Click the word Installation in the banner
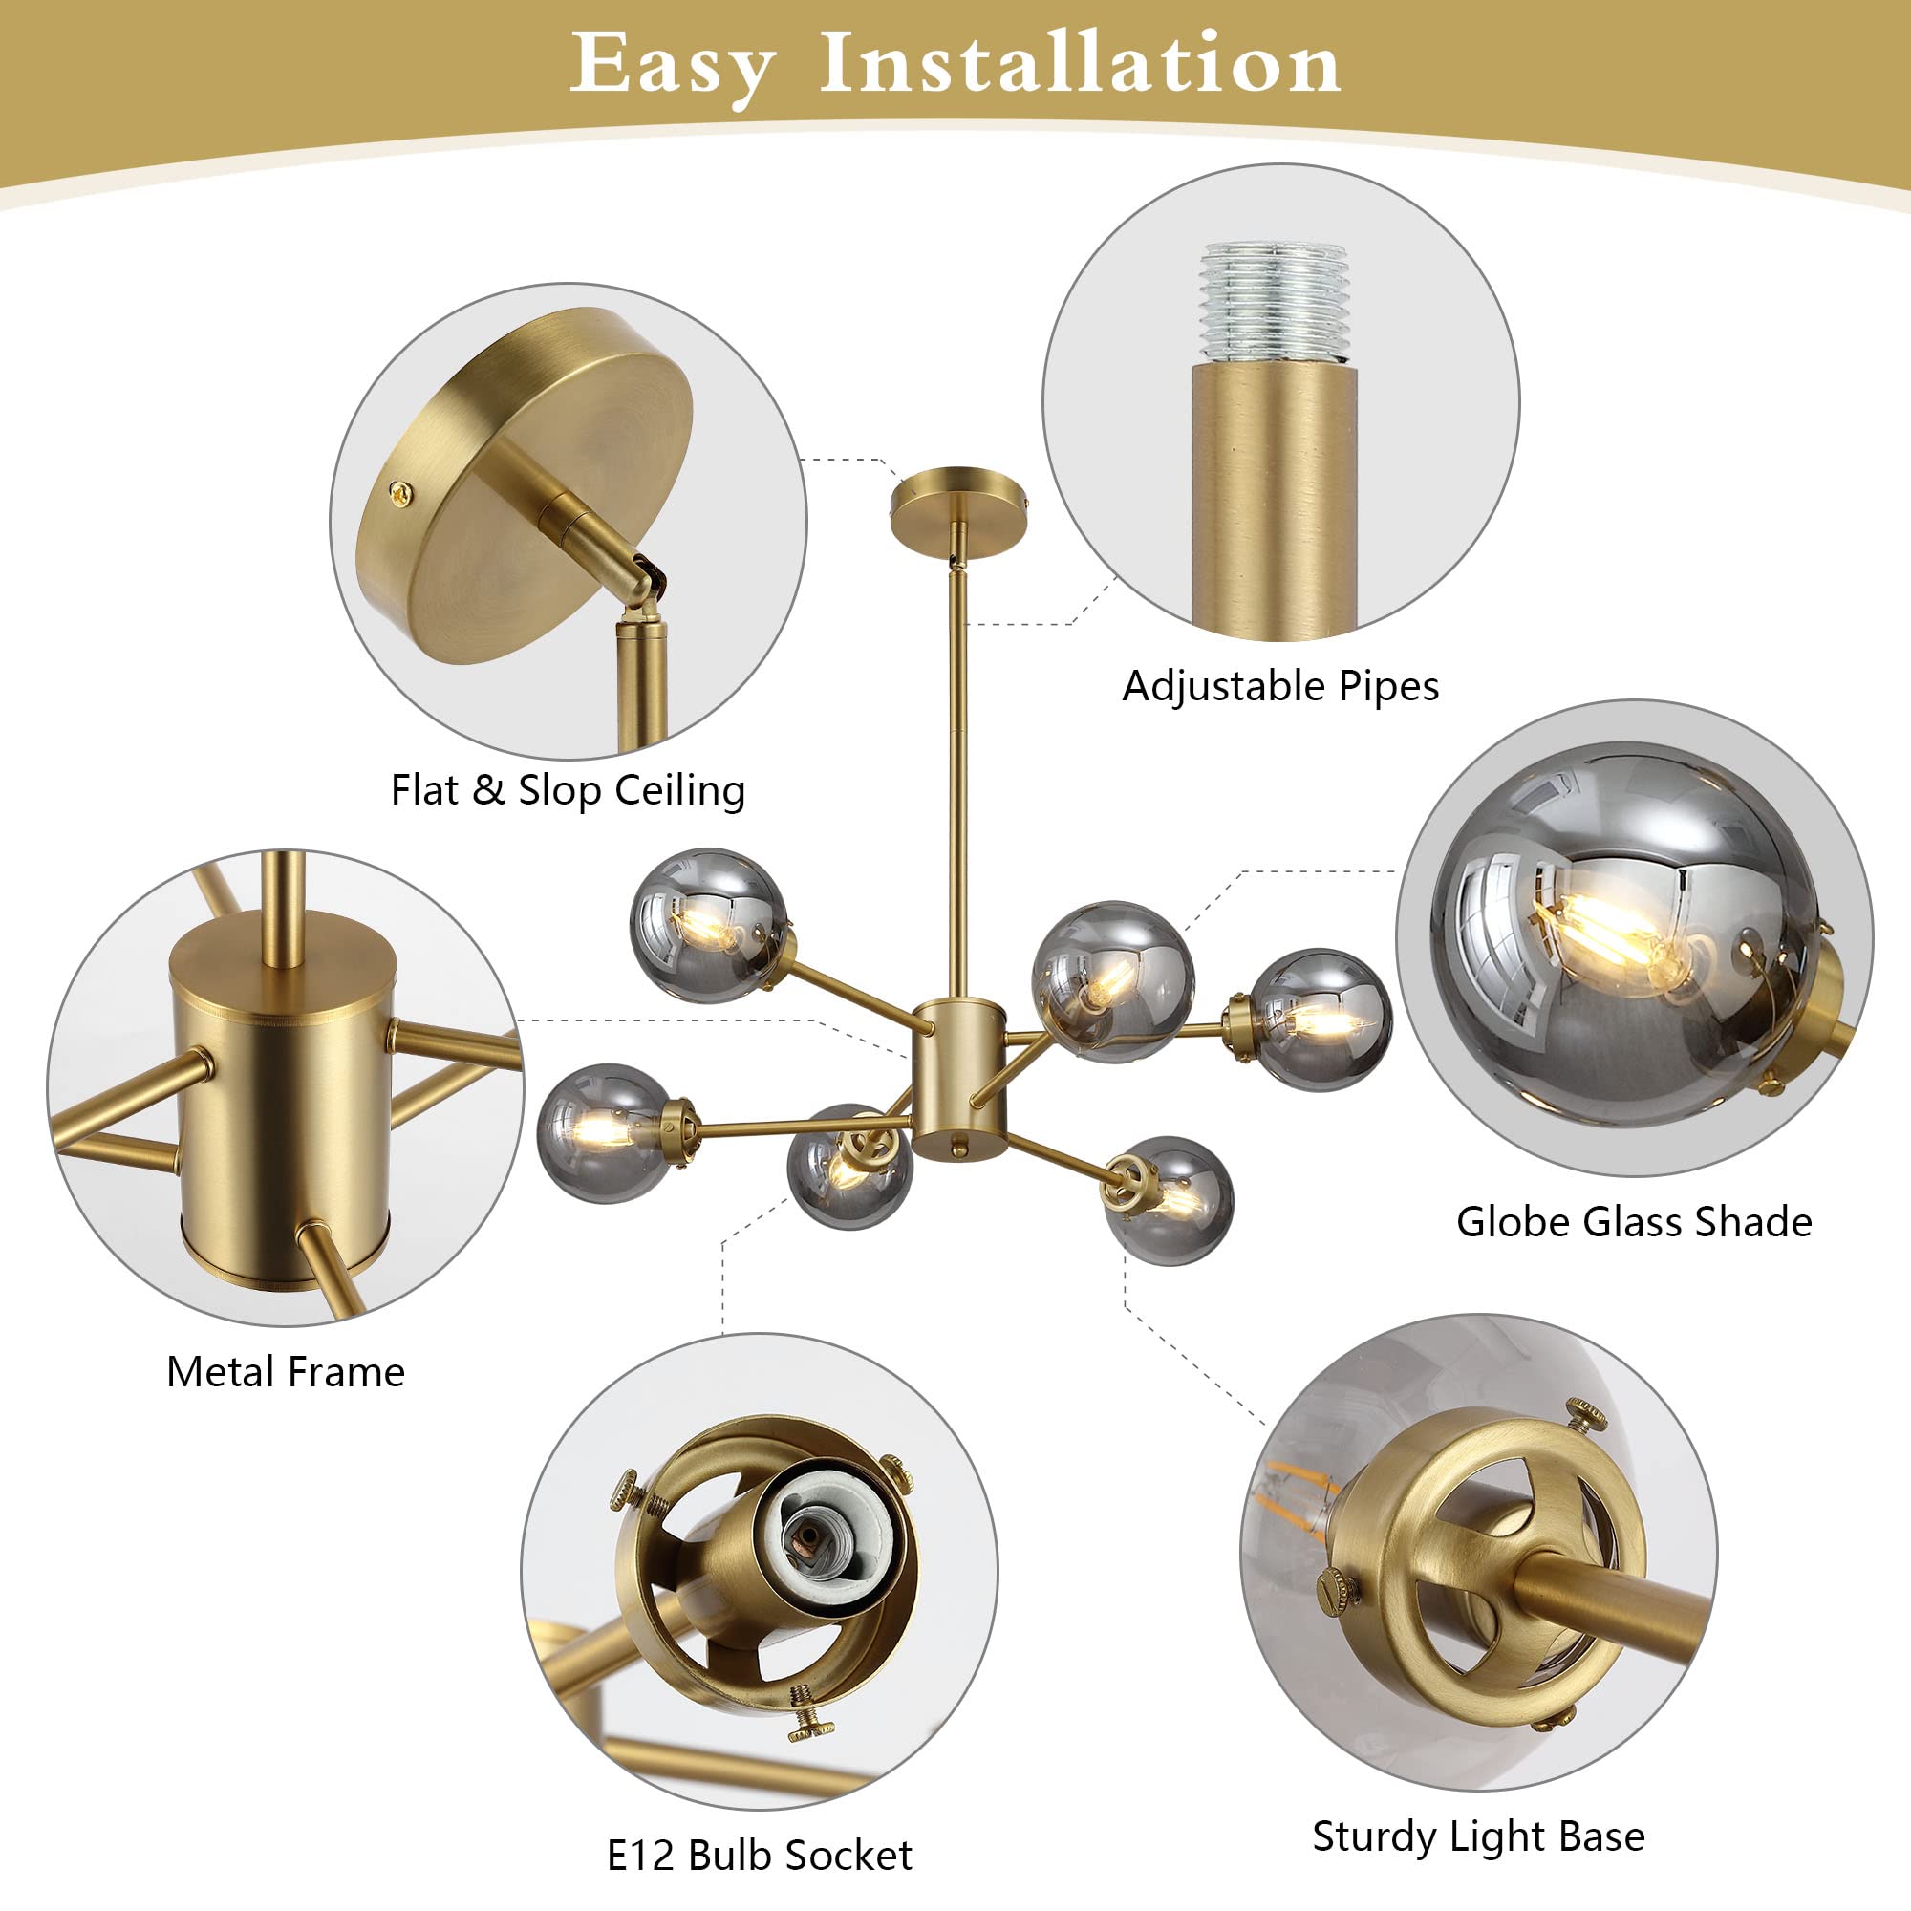tap(1079, 63)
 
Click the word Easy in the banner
tap(673, 68)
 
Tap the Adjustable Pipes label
tap(1281, 687)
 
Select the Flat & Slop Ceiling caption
tap(568, 791)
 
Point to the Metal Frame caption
tap(286, 1372)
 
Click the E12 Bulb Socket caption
tap(759, 1856)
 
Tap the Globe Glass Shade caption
tap(1634, 1223)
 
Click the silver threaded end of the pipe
tap(1274, 302)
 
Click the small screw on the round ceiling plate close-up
tap(400, 491)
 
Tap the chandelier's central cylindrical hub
tap(957, 1078)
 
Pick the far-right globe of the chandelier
tap(1321, 1020)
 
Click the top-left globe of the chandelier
tap(709, 926)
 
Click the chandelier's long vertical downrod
tap(957, 771)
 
